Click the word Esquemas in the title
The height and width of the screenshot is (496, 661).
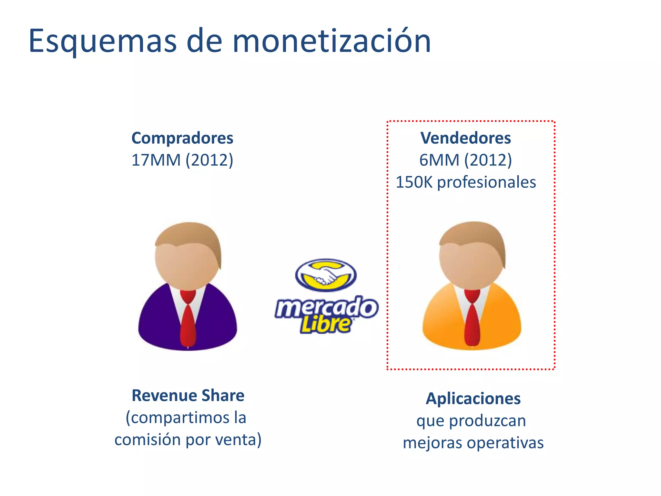click(x=103, y=41)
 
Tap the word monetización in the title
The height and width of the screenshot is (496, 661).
click(x=331, y=41)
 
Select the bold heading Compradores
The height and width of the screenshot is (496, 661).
click(x=182, y=138)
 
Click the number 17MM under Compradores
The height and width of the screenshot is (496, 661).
click(x=156, y=160)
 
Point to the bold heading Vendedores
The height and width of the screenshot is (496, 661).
click(x=465, y=138)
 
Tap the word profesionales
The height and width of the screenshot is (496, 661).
click(x=486, y=182)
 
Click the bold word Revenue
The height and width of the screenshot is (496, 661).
click(x=164, y=396)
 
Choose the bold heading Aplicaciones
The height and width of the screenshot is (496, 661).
click(x=473, y=398)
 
